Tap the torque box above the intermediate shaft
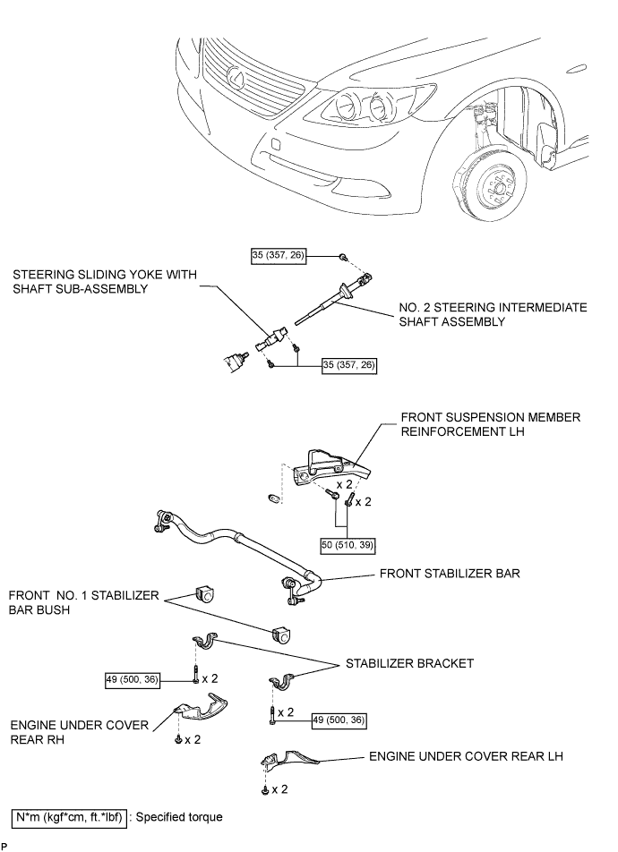tap(278, 255)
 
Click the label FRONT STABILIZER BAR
tap(450, 574)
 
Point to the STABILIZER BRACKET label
tap(409, 663)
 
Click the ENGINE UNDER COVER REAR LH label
tap(466, 756)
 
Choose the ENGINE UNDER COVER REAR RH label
tap(80, 732)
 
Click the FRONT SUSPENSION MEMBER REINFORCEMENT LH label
tap(490, 424)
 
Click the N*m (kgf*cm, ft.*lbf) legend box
tap(69, 817)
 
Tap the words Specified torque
tap(179, 817)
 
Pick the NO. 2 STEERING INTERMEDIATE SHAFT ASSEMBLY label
tap(493, 315)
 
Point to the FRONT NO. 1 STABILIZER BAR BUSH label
tap(84, 602)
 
